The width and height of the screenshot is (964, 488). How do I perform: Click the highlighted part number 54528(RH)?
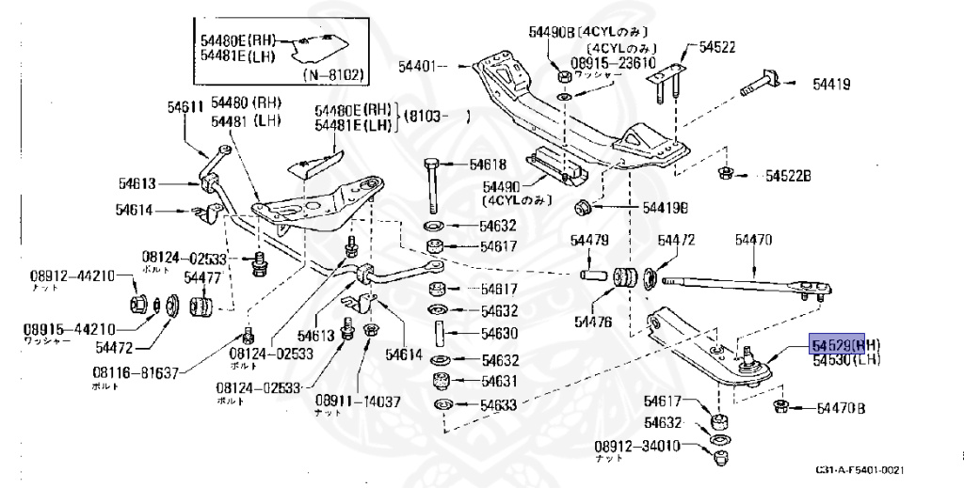coord(838,345)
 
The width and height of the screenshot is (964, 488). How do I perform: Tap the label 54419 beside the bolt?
coord(831,85)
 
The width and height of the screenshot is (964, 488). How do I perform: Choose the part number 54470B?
coord(841,408)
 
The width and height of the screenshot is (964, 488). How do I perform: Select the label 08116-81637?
coord(135,373)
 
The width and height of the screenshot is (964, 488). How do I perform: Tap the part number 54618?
coord(487,165)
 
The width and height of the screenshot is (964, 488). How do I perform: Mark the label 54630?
coord(499,333)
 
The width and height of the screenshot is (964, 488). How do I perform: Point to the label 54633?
coord(499,406)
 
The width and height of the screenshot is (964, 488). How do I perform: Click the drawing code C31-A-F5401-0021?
coord(860,468)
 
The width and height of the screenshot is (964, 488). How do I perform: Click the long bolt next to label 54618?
coord(432,185)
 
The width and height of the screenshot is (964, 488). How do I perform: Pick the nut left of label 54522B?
coord(727,173)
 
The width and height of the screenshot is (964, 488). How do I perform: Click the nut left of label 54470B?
coord(779,406)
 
